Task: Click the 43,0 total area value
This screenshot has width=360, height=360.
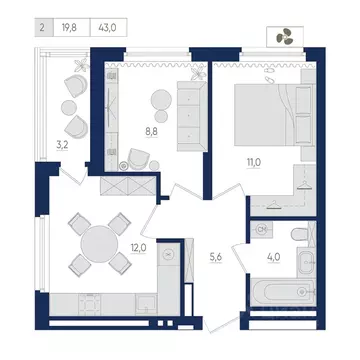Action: coord(107,28)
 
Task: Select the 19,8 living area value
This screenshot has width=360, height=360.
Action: coord(69,28)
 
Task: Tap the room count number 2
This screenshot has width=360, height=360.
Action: coord(42,28)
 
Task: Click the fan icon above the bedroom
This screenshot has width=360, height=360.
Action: coord(284,36)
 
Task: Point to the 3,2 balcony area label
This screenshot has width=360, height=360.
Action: coord(62,145)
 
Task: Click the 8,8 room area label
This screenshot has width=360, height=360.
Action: coord(152,132)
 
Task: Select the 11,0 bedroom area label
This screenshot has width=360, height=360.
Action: coord(254,163)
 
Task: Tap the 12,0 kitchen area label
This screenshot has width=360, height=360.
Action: coord(138,248)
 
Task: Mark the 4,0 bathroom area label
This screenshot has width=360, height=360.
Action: coord(273,258)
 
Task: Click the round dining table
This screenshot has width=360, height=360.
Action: coord(99,244)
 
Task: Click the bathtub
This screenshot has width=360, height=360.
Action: coord(283,292)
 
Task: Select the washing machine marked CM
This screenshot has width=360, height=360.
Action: coord(262,230)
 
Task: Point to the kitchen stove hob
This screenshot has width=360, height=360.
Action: coord(90,304)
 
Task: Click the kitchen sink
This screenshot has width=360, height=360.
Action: coord(146,304)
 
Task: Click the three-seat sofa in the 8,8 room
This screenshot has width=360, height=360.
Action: coord(192,116)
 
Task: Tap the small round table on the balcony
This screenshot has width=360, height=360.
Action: coord(69,108)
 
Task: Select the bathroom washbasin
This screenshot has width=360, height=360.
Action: coord(306,263)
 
